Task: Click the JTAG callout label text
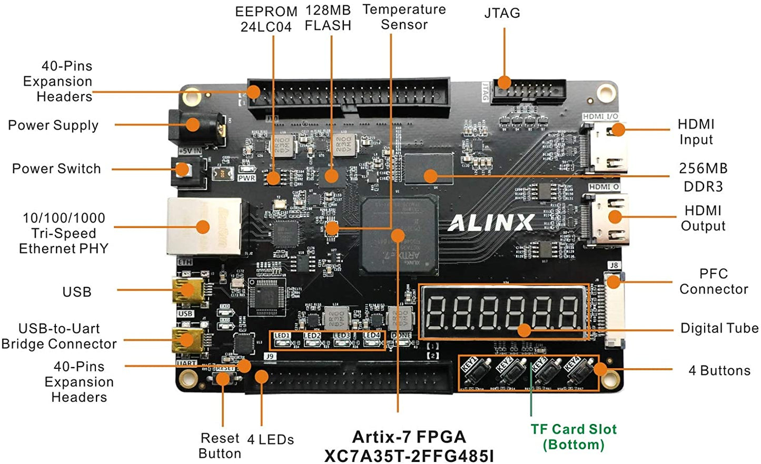[x=502, y=13]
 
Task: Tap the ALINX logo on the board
[x=491, y=223]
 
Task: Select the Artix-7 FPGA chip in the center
[x=399, y=236]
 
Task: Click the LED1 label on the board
[x=282, y=335]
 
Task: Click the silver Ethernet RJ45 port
[x=203, y=227]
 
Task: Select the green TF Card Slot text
[x=574, y=437]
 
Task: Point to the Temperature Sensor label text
[x=404, y=17]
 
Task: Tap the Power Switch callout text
[x=56, y=169]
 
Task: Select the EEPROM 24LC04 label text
[x=266, y=19]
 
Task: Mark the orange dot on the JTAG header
[x=504, y=82]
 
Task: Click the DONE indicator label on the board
[x=401, y=335]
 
